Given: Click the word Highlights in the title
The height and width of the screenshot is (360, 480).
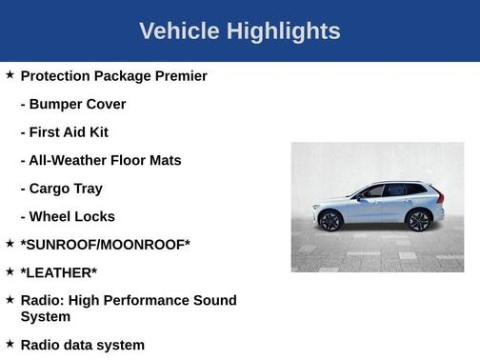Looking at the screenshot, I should [282, 31].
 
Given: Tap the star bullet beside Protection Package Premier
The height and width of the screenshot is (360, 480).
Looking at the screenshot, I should [10, 74].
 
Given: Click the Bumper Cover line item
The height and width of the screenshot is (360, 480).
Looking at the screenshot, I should [73, 104].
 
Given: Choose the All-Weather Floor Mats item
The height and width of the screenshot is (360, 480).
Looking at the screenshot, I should [101, 160].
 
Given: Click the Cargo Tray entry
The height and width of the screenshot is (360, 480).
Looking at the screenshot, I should [62, 189].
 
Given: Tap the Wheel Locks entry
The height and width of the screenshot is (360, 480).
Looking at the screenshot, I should [68, 216].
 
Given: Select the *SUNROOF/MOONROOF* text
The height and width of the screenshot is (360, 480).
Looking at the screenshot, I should [105, 245].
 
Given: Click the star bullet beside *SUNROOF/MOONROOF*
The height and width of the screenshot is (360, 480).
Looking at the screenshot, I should [10, 243].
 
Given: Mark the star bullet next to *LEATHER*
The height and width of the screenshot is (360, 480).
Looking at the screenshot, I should [10, 270].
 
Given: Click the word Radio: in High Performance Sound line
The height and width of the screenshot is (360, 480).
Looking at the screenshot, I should [44, 301].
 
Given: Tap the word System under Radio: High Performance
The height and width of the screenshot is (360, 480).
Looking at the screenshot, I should [45, 316].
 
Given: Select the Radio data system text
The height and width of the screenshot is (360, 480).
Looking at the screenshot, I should [82, 345].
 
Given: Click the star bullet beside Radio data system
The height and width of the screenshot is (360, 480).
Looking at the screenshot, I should [10, 343].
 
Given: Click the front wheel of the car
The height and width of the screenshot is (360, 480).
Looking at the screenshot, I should [330, 221].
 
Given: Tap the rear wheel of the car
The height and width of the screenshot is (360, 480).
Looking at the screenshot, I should [417, 221].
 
